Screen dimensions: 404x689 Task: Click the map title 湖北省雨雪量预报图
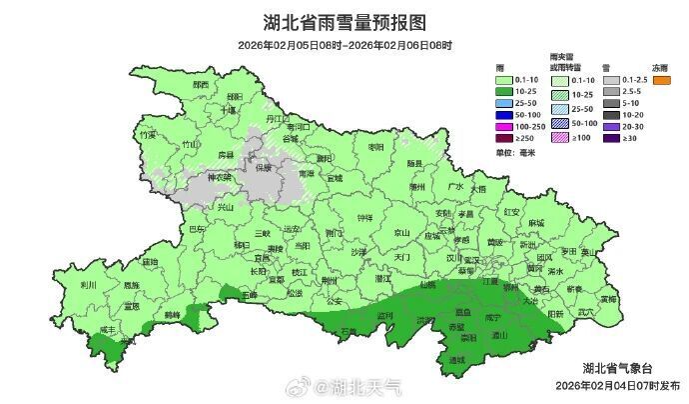(344, 22)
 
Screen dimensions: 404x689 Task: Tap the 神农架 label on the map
(219, 178)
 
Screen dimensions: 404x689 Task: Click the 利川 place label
(88, 284)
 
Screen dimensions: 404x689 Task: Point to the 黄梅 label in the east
(608, 298)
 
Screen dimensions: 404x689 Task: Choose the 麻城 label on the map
(537, 222)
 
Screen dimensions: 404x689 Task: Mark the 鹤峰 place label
(171, 313)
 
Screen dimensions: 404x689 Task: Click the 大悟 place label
(478, 188)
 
